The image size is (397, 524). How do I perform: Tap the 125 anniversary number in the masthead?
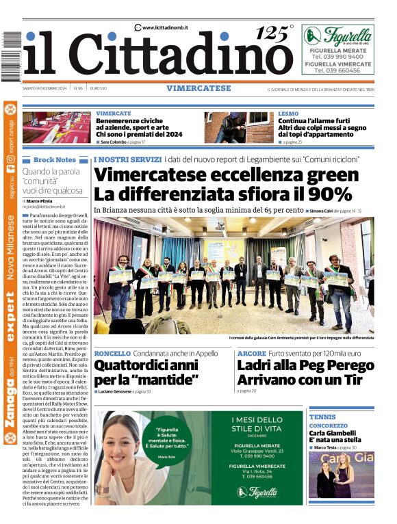(x=272, y=33)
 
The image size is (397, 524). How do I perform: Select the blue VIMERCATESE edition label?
(x=198, y=88)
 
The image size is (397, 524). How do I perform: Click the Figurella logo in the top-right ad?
(x=337, y=36)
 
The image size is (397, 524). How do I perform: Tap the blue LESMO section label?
(x=288, y=113)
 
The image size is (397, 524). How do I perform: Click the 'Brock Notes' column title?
(x=55, y=159)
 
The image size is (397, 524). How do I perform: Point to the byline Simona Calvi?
(x=325, y=211)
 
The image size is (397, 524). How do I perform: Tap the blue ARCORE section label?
(x=252, y=353)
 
